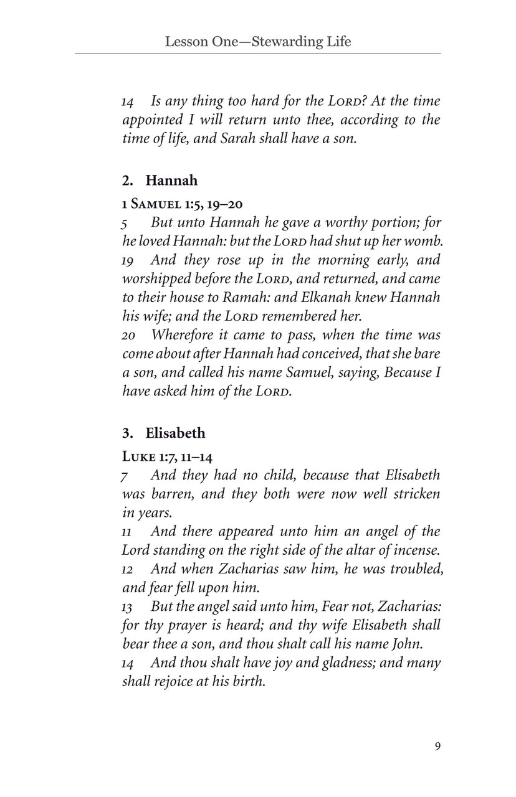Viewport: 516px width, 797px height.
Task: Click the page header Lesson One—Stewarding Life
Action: click(257, 42)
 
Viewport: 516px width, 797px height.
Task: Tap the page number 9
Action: click(437, 746)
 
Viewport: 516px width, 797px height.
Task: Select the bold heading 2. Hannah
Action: click(160, 181)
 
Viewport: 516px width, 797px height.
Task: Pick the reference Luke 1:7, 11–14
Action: click(167, 456)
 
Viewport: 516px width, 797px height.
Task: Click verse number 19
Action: click(128, 260)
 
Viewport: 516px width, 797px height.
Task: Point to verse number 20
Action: click(129, 335)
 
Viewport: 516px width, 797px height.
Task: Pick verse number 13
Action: click(128, 606)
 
